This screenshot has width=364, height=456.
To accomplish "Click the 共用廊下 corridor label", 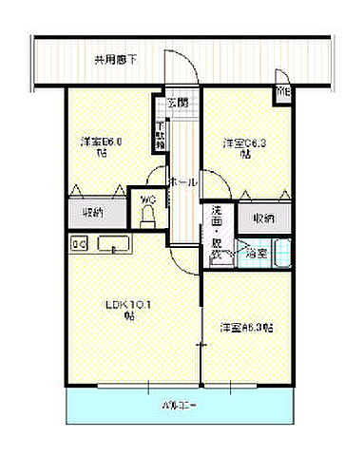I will point(115,60).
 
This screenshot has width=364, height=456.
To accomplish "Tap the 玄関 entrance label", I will point(178,102).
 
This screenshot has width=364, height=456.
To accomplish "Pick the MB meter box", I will point(283,93).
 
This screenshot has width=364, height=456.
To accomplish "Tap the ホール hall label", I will point(182,181).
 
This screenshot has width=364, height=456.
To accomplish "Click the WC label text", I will point(148,199).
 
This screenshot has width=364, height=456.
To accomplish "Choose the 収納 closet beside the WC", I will point(93,213).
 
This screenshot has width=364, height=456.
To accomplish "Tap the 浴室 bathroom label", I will point(256,254).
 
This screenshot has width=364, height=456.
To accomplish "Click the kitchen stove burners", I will point(80,244).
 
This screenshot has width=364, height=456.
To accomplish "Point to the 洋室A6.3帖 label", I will point(247,327).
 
